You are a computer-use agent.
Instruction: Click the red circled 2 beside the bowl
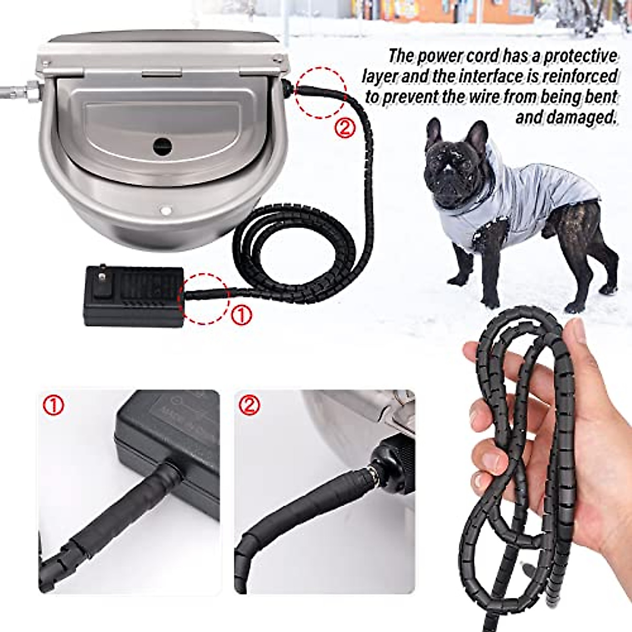pos(345,128)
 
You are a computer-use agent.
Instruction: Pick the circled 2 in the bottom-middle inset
pos(250,406)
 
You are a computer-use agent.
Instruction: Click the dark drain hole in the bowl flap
pos(162,146)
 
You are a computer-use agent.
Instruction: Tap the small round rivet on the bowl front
pos(166,211)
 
